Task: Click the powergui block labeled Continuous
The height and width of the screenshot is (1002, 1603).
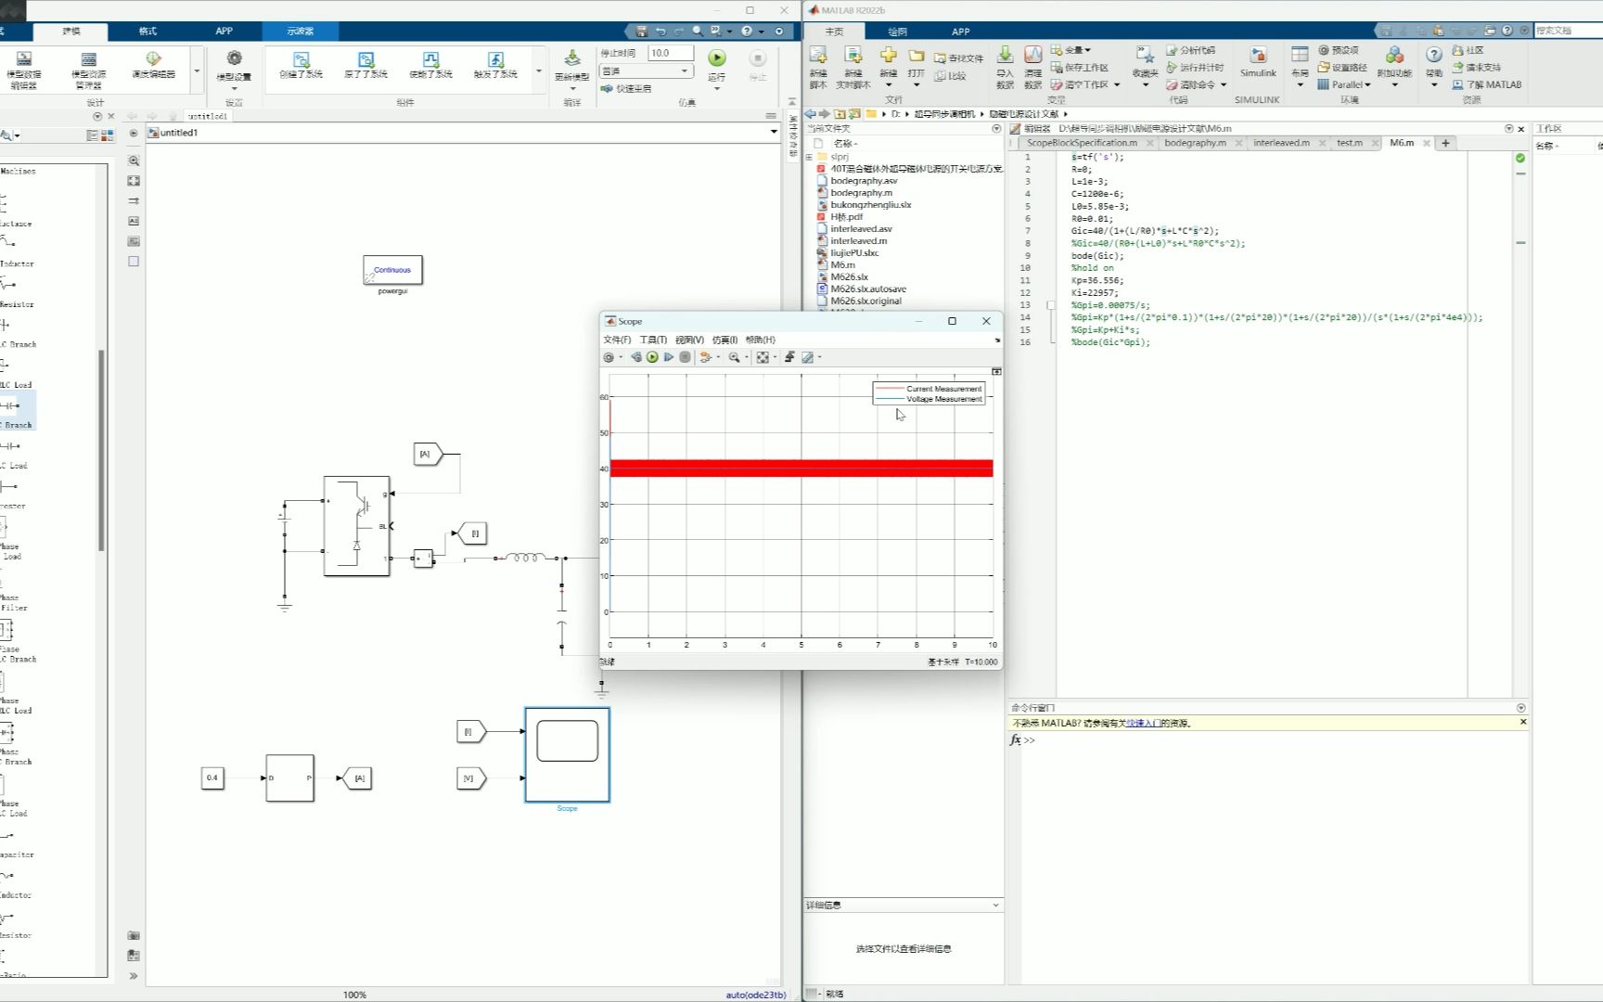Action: [x=392, y=270]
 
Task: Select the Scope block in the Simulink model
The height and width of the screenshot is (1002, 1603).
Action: [x=567, y=754]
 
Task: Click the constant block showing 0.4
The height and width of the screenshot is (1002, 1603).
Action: [x=212, y=777]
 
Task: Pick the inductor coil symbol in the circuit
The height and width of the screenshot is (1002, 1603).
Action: [x=525, y=558]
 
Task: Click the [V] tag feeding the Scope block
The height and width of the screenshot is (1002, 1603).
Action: [x=470, y=778]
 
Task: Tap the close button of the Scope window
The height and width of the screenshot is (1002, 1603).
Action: [x=986, y=321]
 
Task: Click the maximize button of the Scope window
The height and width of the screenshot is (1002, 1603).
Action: [x=952, y=321]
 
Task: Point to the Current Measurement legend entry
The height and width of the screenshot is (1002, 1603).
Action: [x=943, y=389]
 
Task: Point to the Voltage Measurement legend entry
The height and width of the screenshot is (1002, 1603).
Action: [x=943, y=399]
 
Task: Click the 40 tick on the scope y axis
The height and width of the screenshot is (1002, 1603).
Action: [x=604, y=469]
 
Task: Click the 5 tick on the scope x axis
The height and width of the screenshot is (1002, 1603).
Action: [x=801, y=645]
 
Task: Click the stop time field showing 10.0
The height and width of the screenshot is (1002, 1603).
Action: [x=670, y=53]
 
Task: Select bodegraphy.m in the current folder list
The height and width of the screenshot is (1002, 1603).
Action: [x=861, y=193]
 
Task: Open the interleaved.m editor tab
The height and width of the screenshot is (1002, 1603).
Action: [x=1281, y=143]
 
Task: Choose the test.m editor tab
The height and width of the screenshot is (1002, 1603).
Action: [x=1349, y=143]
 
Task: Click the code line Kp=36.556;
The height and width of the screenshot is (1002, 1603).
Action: [x=1096, y=280]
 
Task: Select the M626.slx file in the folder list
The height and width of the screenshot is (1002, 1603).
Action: [x=849, y=276]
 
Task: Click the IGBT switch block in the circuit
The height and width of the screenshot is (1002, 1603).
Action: [x=357, y=525]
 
